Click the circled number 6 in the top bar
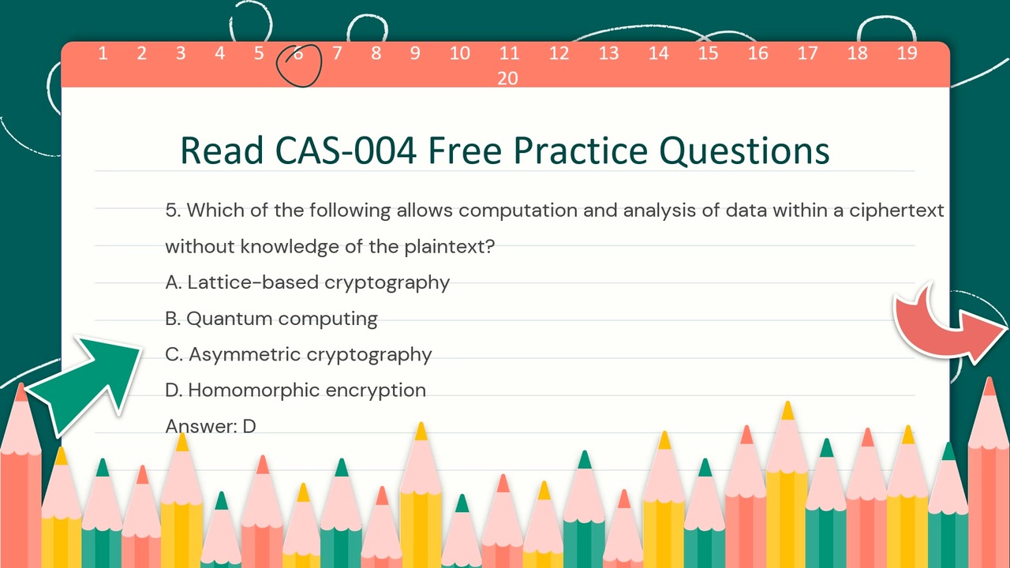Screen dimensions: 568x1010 (x=298, y=54)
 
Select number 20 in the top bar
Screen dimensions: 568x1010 (x=507, y=78)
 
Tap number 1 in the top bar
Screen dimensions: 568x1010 (x=103, y=54)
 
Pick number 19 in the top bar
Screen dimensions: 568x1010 (x=907, y=54)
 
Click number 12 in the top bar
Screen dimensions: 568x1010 (x=559, y=54)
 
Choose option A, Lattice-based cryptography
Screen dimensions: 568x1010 (x=307, y=282)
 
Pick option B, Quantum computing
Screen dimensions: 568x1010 (x=271, y=319)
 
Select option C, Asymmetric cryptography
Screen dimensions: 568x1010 (x=298, y=354)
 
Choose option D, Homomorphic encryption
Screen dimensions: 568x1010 (x=295, y=390)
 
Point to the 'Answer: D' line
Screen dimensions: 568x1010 (x=211, y=426)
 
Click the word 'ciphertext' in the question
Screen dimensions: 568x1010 (x=896, y=211)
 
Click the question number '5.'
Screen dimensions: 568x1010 (x=174, y=211)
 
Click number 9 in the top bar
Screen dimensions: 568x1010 (x=414, y=54)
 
